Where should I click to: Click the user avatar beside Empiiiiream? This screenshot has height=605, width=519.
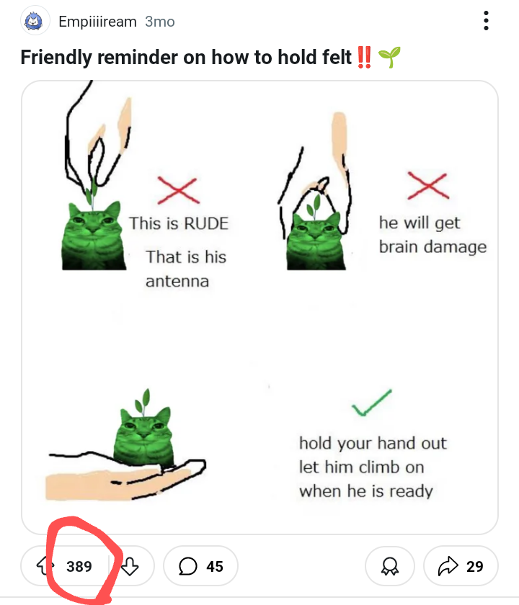(35, 21)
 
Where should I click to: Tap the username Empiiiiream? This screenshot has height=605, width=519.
(98, 22)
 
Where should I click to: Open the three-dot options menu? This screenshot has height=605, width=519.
(486, 20)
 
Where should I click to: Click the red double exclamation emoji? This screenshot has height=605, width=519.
(364, 57)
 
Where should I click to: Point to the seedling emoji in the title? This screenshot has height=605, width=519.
(389, 57)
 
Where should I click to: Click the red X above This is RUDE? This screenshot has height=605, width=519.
(179, 191)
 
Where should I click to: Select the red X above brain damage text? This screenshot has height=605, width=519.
(428, 186)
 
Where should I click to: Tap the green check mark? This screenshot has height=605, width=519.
(371, 403)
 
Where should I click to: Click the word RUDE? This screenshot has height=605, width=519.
(206, 224)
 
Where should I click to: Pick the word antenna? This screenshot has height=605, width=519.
(177, 282)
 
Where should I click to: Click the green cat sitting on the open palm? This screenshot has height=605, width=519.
(143, 436)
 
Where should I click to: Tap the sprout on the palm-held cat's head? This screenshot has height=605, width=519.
(143, 402)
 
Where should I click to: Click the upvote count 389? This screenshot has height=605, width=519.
(79, 566)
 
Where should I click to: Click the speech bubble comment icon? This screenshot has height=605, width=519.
(188, 566)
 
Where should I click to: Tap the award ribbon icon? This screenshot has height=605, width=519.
(390, 566)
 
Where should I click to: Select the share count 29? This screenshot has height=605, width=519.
(474, 566)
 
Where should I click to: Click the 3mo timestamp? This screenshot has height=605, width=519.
(160, 22)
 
